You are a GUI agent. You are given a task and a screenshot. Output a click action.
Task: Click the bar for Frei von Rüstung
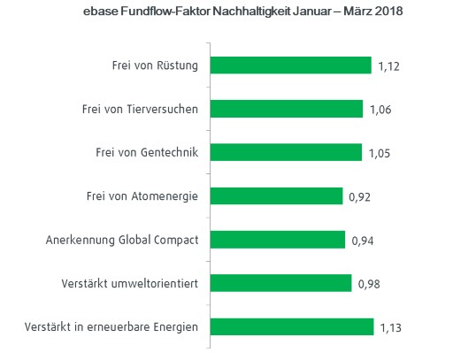[291, 65]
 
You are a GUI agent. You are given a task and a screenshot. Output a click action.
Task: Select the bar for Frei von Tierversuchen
[288, 109]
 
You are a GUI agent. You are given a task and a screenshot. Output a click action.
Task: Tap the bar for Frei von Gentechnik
[287, 152]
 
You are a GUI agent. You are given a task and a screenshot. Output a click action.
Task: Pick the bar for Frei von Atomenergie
[277, 195]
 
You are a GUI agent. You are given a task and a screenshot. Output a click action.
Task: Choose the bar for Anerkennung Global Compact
[279, 240]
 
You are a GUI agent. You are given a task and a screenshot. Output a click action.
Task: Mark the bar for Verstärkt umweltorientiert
[281, 283]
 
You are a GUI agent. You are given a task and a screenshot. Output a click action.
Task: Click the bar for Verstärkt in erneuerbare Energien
[293, 326]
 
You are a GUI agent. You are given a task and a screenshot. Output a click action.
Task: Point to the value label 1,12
[390, 66]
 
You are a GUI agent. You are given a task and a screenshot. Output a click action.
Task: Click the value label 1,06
[380, 110]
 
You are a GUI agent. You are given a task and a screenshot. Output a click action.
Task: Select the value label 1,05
[379, 153]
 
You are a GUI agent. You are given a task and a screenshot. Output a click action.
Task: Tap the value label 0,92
[359, 196]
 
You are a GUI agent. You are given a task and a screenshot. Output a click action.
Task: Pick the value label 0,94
[363, 241]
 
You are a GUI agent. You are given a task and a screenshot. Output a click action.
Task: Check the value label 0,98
[368, 284]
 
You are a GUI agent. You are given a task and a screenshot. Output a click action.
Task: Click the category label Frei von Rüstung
[155, 65]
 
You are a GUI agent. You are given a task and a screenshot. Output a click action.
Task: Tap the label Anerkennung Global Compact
[122, 240]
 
